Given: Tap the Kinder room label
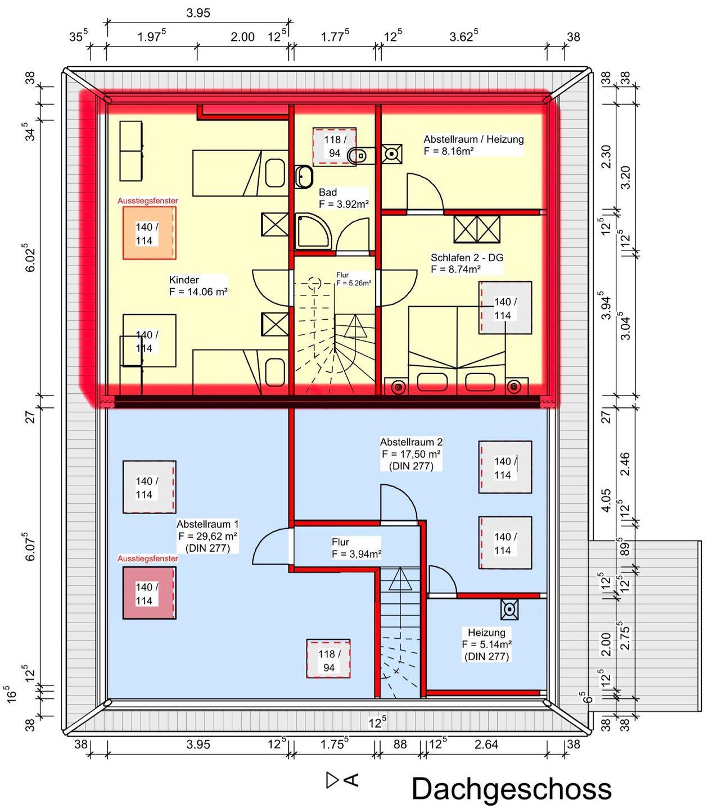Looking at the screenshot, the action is tap(198, 285).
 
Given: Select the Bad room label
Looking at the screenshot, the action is tap(344, 198).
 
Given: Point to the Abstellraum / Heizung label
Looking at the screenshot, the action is tap(473, 145).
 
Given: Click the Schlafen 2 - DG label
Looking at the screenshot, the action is tap(467, 263).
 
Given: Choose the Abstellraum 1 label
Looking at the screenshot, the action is tap(208, 536).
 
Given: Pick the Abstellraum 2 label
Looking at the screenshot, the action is tap(411, 454).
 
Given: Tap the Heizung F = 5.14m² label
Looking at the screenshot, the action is tap(487, 644).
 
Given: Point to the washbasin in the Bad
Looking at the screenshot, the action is tap(304, 177).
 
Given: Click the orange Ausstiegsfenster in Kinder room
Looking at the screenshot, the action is tap(150, 233).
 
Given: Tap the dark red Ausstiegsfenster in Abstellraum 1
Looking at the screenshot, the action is tap(150, 593).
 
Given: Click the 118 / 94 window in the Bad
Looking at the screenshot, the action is tap(335, 147).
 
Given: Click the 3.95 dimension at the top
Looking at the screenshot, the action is tap(198, 13).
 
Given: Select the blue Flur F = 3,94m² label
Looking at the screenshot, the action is tap(356, 548).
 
